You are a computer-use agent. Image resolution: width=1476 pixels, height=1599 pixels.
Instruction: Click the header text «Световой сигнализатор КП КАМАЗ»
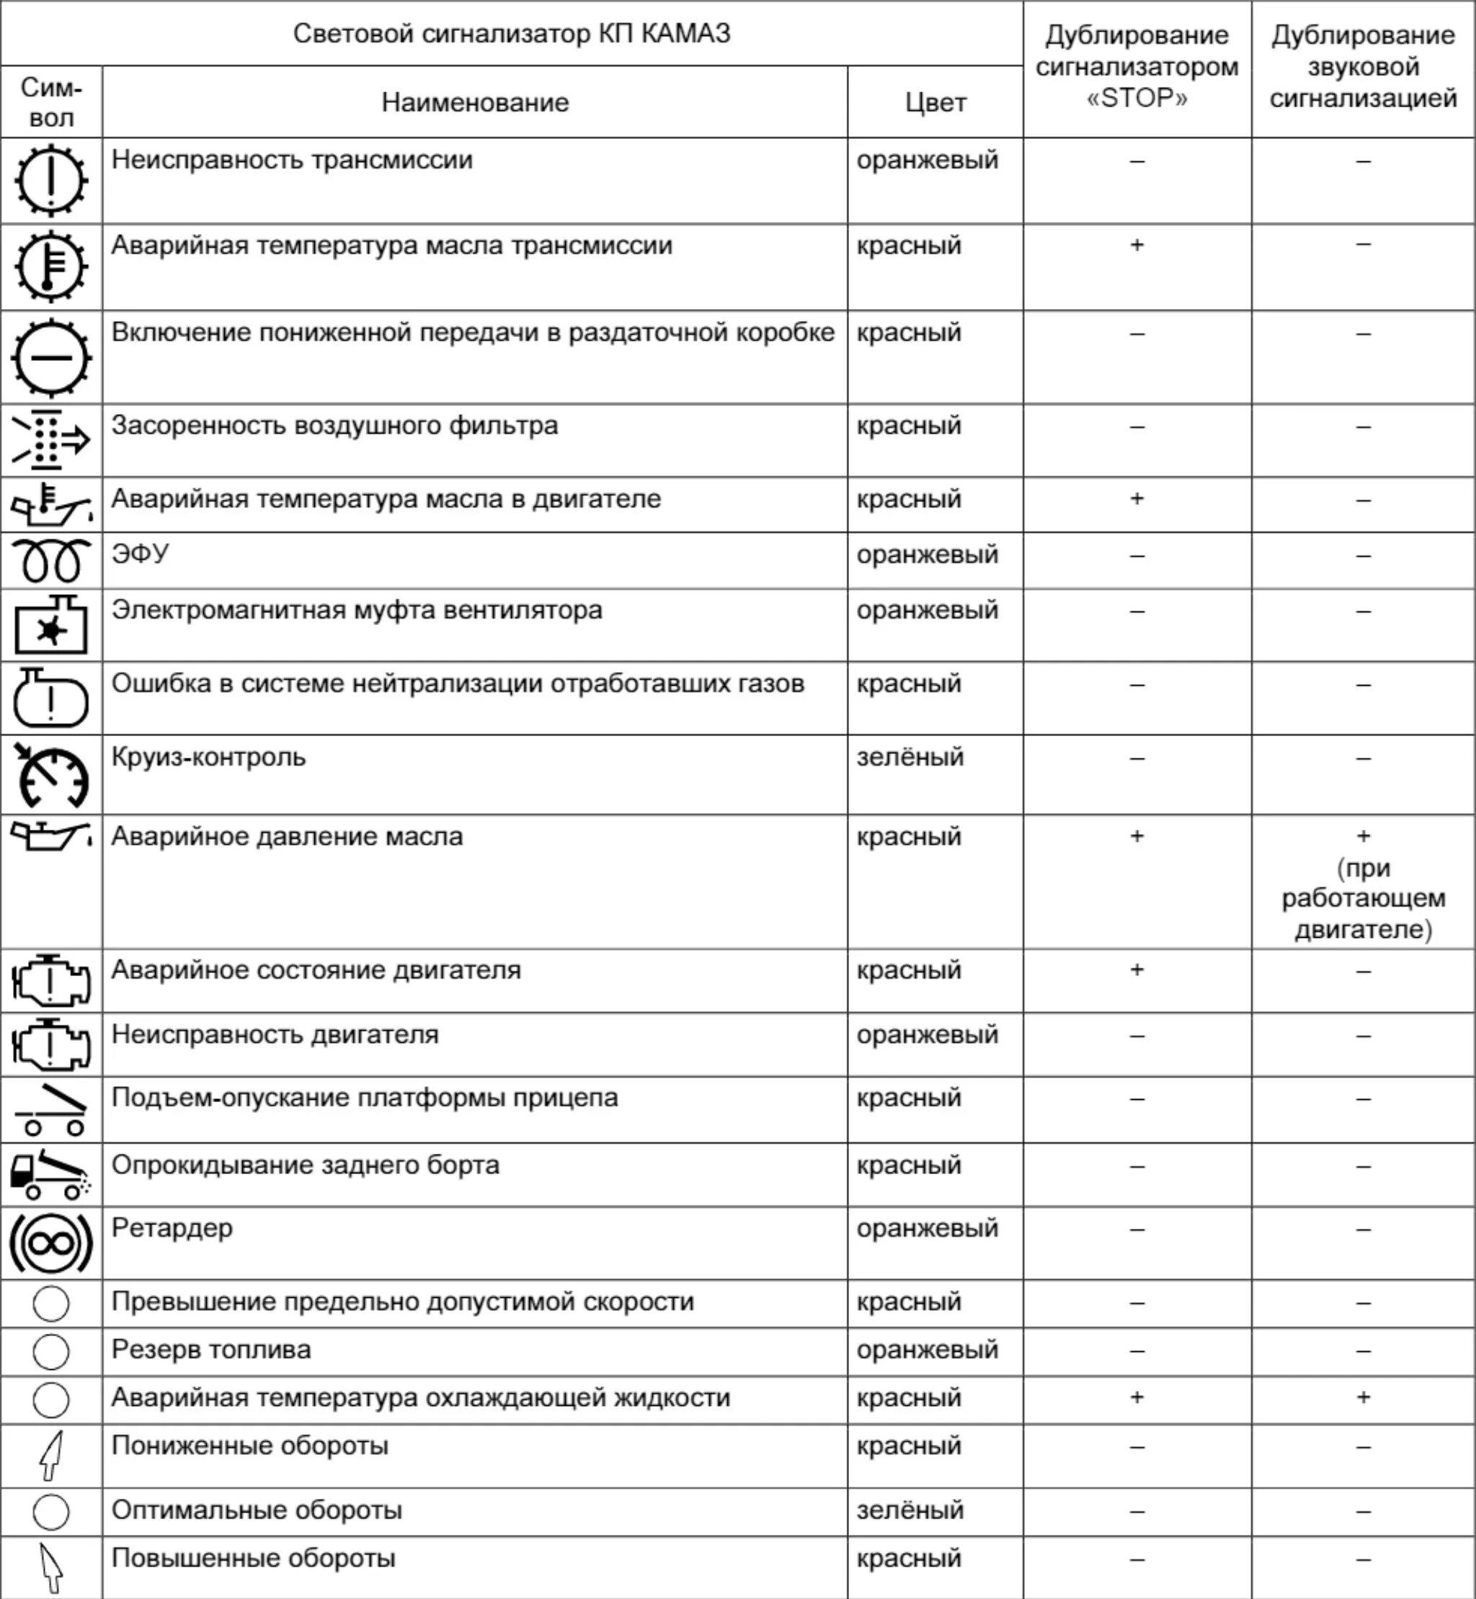511,34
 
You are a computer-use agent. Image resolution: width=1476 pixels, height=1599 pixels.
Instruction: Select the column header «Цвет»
935,102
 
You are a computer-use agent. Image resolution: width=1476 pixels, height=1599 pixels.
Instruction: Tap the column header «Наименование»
474,102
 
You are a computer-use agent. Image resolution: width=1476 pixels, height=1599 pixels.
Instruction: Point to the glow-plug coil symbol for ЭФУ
51,560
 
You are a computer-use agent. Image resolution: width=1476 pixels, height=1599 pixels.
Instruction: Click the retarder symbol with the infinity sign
51,1242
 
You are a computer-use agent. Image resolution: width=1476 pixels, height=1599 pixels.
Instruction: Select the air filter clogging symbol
51,440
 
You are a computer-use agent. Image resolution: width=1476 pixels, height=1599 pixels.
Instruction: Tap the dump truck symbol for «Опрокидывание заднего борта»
51,1174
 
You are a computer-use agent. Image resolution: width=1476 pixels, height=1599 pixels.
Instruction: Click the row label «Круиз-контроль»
208,756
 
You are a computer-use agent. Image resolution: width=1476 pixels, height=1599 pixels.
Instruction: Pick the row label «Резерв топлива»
211,1349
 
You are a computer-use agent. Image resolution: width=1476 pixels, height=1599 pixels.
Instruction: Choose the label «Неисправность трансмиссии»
292,160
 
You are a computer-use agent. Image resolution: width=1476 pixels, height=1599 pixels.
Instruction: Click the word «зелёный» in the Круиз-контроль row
910,756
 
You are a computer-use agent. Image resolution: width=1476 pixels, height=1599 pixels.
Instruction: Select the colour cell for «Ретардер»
928,1227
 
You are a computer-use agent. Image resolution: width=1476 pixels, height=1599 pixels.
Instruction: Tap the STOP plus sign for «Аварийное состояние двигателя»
1137,969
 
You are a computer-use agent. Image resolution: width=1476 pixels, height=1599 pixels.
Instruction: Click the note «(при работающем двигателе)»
1363,898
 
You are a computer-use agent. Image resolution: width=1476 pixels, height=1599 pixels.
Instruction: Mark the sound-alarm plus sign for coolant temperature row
1363,1397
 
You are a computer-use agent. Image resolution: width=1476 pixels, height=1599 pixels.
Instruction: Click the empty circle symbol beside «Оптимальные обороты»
51,1511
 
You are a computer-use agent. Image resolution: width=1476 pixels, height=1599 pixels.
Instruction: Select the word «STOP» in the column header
1137,98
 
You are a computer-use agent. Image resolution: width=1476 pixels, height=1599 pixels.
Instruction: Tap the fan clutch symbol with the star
51,625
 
